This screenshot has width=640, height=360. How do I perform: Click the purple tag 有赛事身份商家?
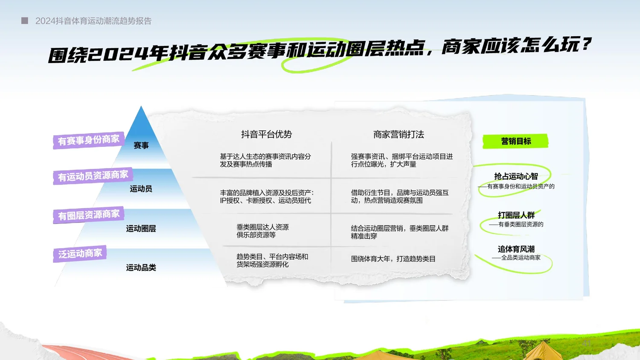pos(88,140)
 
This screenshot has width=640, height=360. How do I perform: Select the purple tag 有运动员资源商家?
pos(93,176)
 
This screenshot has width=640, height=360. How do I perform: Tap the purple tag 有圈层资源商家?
pos(89,215)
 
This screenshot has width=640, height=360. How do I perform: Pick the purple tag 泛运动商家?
pos(80,254)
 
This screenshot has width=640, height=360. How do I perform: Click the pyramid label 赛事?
pos(141,145)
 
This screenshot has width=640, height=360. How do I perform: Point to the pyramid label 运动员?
pos(141,189)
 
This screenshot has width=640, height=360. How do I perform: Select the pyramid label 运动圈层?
pos(141,229)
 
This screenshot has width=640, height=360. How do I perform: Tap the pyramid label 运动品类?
pos(141,267)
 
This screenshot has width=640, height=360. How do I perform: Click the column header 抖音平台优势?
pos(266,134)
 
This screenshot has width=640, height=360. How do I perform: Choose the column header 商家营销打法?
pos(399,134)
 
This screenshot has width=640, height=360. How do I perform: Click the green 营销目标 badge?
pos(515,141)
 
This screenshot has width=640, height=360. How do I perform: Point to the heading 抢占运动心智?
pos(516,176)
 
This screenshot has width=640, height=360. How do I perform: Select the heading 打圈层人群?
pos(516,215)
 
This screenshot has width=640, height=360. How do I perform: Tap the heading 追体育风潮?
pos(516,249)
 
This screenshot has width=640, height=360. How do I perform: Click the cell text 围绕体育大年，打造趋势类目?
pos(393,259)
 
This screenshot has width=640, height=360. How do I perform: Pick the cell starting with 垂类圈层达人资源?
pos(262,231)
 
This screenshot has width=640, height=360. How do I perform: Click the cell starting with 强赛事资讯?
pos(401,160)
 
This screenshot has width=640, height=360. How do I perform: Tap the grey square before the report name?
pos(25,20)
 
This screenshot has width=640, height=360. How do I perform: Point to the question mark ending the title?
pos(587,44)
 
